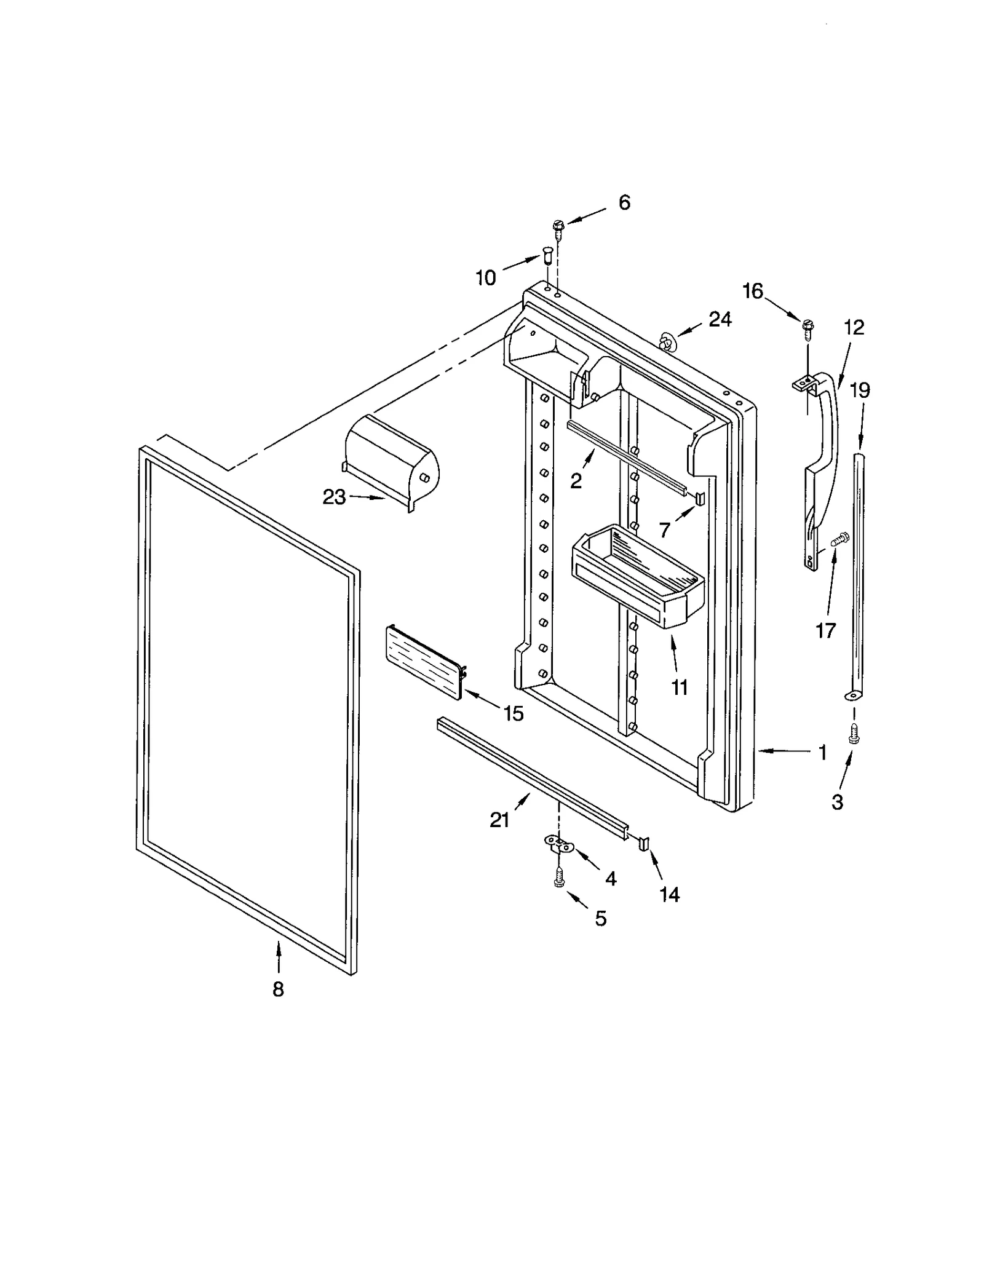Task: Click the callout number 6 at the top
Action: click(x=624, y=202)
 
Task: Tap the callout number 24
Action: click(x=720, y=319)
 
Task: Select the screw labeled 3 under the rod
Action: click(x=853, y=734)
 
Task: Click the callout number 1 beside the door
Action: click(x=823, y=752)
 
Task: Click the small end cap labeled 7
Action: click(x=700, y=497)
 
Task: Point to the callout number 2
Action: click(x=576, y=481)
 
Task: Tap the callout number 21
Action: click(x=499, y=820)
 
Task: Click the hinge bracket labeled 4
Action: click(x=559, y=844)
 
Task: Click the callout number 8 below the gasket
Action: click(x=278, y=989)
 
